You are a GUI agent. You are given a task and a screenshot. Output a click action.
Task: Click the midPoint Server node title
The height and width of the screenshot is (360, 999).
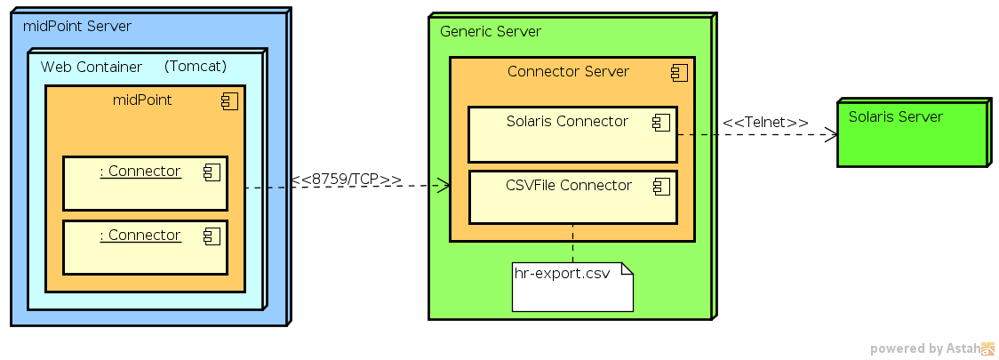(x=77, y=27)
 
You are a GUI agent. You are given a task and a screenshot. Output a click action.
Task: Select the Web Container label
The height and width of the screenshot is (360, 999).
(x=92, y=68)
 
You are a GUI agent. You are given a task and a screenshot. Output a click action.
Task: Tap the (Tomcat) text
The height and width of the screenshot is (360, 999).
(x=196, y=67)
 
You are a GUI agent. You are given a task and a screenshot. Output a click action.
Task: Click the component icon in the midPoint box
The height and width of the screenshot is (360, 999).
(x=229, y=101)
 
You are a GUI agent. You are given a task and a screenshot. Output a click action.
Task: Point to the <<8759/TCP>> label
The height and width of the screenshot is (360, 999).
(x=346, y=180)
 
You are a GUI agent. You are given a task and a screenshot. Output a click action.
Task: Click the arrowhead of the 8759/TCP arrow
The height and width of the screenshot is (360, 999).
(x=444, y=186)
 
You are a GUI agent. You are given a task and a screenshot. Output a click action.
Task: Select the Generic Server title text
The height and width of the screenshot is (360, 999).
(x=491, y=32)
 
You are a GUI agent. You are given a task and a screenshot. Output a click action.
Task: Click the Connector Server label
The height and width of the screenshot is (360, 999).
(x=568, y=72)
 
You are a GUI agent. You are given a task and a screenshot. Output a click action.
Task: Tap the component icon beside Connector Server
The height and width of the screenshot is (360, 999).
(x=679, y=73)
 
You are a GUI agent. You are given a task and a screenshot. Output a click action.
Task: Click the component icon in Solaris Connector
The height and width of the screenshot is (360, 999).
(x=661, y=123)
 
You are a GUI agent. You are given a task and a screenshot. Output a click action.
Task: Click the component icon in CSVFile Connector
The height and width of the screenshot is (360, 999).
(x=661, y=187)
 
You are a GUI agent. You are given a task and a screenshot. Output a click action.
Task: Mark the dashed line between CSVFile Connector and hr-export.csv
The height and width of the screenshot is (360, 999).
(x=572, y=243)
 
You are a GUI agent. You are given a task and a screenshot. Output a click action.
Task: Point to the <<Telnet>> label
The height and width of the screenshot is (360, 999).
(x=764, y=123)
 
